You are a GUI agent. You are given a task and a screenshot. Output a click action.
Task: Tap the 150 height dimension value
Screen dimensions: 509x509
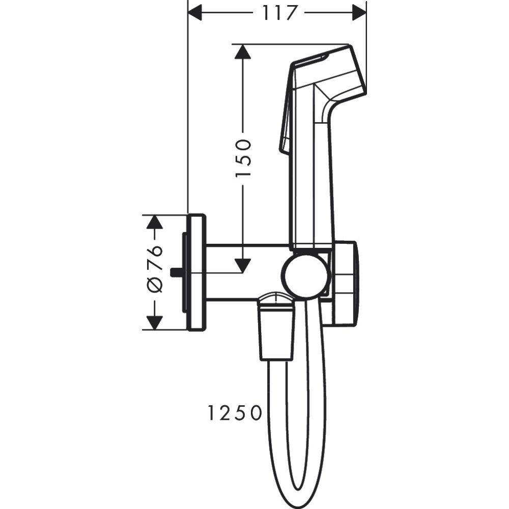click(243, 158)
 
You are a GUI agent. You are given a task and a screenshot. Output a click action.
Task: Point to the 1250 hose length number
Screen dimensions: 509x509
click(234, 413)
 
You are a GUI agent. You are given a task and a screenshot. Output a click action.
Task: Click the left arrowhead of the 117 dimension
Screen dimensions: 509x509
click(195, 13)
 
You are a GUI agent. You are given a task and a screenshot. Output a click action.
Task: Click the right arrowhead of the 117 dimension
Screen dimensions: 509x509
click(359, 13)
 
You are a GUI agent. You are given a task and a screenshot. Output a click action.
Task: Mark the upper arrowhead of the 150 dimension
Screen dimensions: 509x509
click(243, 52)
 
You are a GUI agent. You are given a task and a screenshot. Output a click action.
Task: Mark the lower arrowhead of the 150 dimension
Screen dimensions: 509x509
click(243, 265)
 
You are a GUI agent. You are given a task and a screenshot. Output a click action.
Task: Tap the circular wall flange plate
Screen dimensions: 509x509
click(196, 272)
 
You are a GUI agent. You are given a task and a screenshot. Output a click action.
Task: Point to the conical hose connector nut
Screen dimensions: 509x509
click(276, 328)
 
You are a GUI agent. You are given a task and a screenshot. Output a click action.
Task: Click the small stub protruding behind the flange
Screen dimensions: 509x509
click(177, 272)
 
